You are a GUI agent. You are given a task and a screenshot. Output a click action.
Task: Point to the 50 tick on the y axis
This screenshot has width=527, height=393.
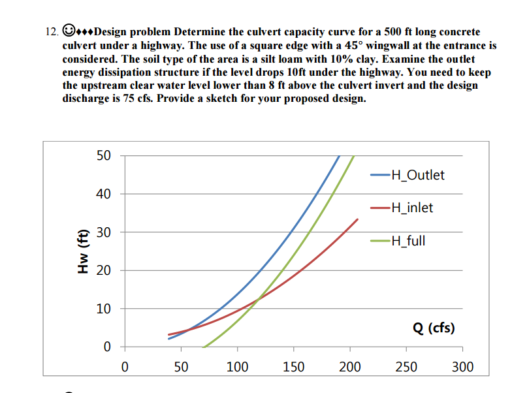(x=104, y=156)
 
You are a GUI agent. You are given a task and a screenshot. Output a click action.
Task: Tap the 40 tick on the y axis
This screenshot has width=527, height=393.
(x=104, y=194)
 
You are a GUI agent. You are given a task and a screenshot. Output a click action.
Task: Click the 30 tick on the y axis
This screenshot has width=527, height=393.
(x=104, y=232)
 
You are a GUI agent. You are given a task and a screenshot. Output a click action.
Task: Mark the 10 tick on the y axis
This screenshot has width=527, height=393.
(x=104, y=308)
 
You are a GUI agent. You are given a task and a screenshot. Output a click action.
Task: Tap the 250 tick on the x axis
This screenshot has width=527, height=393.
(x=406, y=367)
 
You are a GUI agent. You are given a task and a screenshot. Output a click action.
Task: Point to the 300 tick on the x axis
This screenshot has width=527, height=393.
(x=462, y=367)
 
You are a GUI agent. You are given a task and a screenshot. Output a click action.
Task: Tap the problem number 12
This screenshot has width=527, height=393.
(x=52, y=32)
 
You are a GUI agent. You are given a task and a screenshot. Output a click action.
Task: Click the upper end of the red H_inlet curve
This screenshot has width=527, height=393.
(x=357, y=219)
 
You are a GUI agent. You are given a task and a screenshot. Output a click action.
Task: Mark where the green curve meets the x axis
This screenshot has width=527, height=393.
(x=203, y=346)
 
